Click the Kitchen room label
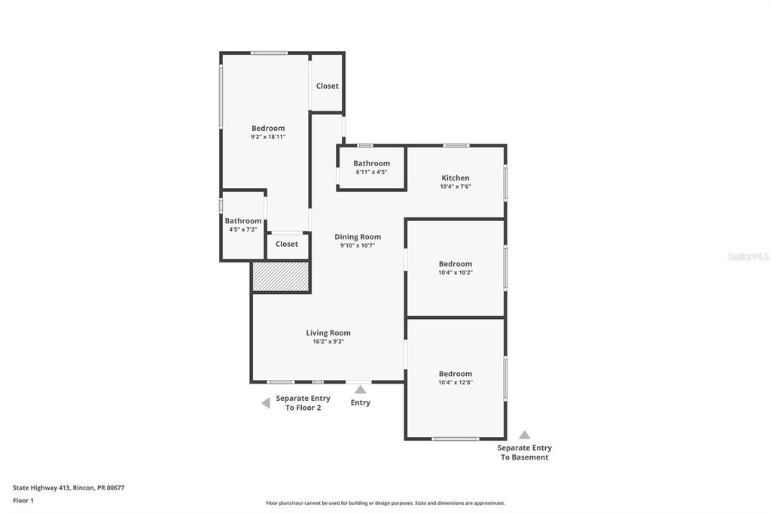(456, 178)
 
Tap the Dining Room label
(358, 237)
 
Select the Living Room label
(328, 333)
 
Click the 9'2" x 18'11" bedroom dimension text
(268, 137)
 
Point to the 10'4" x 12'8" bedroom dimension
(456, 383)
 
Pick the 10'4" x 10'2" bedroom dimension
(456, 273)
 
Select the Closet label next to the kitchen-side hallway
(328, 86)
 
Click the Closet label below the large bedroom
(287, 244)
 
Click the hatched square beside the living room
(281, 277)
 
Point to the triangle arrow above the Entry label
(361, 390)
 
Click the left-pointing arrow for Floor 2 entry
(266, 403)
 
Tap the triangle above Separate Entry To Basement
(525, 435)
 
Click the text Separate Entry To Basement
(525, 452)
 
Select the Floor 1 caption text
(23, 500)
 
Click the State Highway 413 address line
(69, 487)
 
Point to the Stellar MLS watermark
(748, 256)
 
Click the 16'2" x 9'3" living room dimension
(328, 341)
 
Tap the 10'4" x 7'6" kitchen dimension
(456, 187)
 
